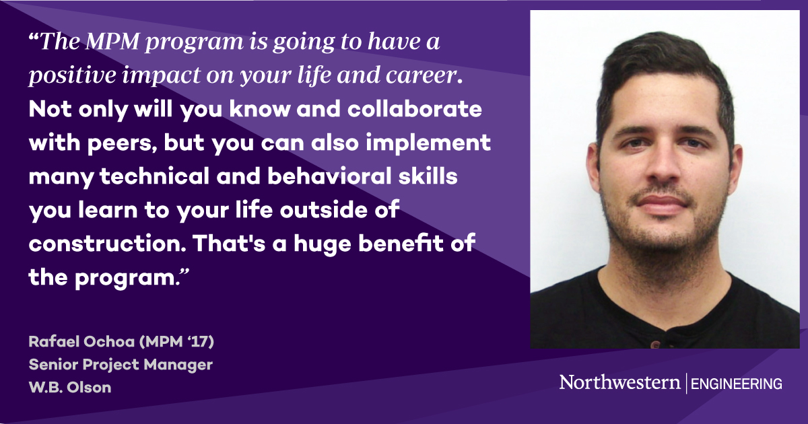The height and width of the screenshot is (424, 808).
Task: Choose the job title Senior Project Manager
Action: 121,364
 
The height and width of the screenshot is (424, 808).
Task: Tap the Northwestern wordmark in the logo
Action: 619,383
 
